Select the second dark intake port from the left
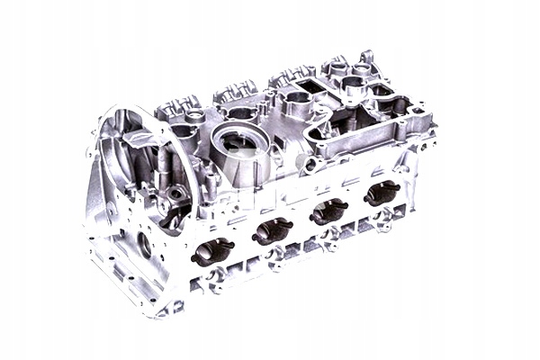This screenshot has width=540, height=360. tap(273, 231)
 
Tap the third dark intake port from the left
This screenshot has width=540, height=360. tap(328, 211)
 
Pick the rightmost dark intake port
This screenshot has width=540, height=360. tap(382, 193)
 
